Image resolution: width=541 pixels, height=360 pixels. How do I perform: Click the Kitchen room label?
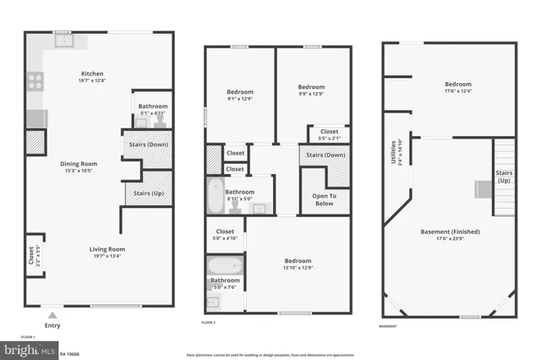coord(92,74)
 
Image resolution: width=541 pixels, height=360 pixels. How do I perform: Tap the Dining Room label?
coord(79,163)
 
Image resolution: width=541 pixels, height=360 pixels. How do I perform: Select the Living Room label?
coord(108,248)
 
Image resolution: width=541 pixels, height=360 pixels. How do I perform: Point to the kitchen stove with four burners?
coord(36,82)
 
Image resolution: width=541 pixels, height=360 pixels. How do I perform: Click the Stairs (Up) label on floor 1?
coord(148,194)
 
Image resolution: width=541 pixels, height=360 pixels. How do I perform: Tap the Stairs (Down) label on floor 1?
coord(149,145)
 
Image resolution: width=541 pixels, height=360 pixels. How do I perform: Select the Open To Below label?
coord(318,199)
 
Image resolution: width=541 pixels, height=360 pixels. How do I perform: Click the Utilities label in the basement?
coord(391,151)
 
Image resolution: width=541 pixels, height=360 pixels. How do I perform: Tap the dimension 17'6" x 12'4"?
coord(458,92)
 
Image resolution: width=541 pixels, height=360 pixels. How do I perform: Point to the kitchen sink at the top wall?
coord(62,39)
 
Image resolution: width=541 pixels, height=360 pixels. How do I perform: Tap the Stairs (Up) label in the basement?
coord(504,176)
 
